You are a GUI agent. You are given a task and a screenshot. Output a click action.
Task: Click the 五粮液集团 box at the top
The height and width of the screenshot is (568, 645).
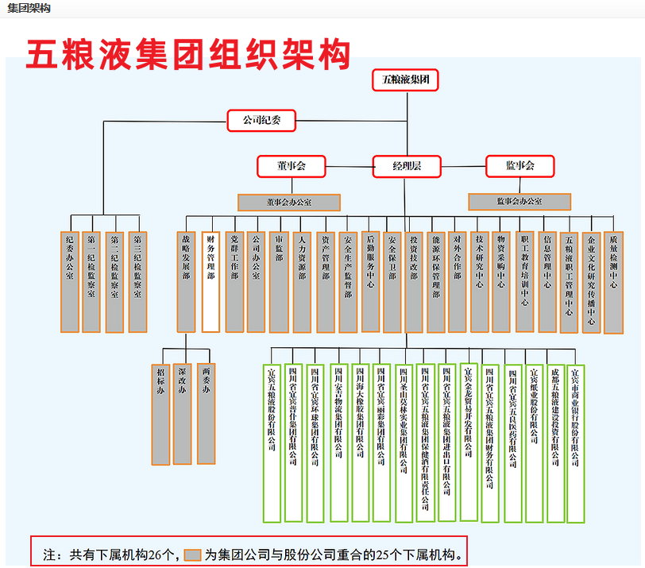[405, 80]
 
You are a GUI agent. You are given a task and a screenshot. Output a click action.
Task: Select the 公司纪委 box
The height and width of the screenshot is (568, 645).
[261, 121]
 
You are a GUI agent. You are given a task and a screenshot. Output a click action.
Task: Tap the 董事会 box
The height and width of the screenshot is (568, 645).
[292, 166]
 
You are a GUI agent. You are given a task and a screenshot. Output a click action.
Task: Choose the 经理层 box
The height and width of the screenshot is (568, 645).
[407, 166]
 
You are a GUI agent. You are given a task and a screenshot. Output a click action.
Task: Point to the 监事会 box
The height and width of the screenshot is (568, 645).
[519, 165]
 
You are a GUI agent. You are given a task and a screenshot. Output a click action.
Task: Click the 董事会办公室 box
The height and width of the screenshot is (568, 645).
[289, 202]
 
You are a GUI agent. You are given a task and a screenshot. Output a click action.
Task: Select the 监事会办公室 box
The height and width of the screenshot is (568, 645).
[519, 202]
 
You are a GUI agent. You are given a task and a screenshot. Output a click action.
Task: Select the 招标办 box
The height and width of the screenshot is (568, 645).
[161, 413]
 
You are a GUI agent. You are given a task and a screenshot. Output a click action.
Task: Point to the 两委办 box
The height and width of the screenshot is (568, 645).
[207, 413]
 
